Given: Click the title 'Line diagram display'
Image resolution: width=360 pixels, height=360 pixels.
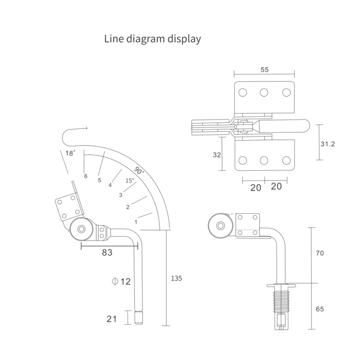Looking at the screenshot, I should tap(153, 39).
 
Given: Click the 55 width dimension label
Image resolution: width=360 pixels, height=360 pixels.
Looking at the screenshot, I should tap(265, 70).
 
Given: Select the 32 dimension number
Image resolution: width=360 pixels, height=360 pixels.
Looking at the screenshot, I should tap(216, 155).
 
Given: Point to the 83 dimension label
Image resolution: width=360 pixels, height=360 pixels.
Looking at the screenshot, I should tap(107, 253).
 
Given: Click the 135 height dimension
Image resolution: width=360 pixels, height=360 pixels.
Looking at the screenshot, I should tap(176, 279).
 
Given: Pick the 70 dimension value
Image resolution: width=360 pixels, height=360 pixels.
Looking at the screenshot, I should tap(320, 254).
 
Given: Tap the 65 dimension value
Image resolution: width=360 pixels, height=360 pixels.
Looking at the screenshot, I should tap(320, 309).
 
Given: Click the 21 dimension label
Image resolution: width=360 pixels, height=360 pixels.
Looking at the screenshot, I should tap(112, 319).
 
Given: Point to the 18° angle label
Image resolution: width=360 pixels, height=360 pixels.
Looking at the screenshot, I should tap(70, 153).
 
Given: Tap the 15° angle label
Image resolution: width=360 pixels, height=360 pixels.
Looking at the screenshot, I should tap(130, 180).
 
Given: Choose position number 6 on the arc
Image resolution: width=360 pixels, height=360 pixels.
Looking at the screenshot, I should tap(85, 176).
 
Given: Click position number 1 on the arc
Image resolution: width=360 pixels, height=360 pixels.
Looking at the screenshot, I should tap(136, 222).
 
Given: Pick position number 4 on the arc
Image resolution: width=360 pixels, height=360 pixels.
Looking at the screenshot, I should tap(110, 185).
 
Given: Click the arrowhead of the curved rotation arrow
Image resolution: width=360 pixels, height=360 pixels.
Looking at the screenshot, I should tap(85, 129).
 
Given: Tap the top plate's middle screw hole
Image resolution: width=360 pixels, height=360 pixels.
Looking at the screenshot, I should tap(264, 93).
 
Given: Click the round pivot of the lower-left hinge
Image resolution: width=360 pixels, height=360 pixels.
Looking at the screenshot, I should tap(81, 229).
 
